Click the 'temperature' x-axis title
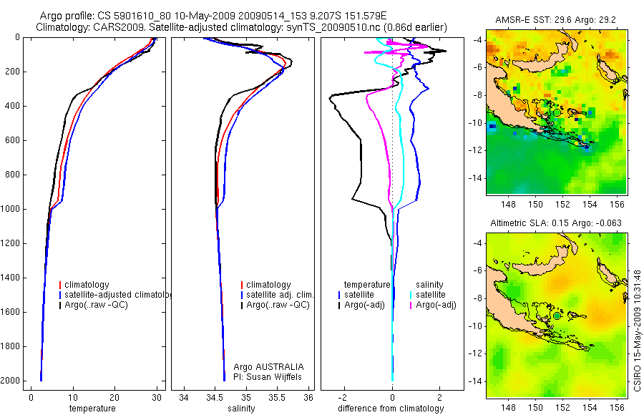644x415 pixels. pyautogui.click(x=92, y=409)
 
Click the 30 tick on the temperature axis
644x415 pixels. pyautogui.click(x=156, y=397)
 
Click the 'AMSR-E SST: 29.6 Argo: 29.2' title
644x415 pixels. pyautogui.click(x=557, y=23)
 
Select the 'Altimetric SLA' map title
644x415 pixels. pyautogui.click(x=557, y=223)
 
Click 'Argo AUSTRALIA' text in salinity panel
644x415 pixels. pyautogui.click(x=264, y=366)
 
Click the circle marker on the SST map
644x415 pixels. pyautogui.click(x=557, y=112)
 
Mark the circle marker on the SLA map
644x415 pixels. pyautogui.click(x=557, y=316)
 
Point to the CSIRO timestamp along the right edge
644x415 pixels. pyautogui.click(x=637, y=318)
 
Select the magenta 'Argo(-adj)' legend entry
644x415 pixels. pyautogui.click(x=436, y=305)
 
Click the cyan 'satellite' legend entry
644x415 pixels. pyautogui.click(x=431, y=295)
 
